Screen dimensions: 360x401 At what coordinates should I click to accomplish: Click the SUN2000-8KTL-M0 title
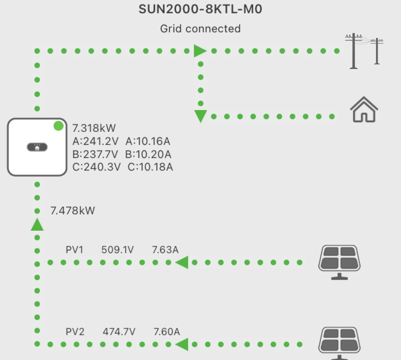[x=200, y=10]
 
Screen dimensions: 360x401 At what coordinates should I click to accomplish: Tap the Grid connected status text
[x=200, y=29]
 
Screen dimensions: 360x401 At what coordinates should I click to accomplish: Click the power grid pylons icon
[x=364, y=51]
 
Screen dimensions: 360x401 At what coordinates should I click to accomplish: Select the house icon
[x=364, y=110]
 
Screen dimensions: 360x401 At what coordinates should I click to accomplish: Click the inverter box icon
[x=37, y=147]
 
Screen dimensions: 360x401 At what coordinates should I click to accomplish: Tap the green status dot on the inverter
[x=59, y=126]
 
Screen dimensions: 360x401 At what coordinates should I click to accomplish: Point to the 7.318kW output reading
[x=94, y=128]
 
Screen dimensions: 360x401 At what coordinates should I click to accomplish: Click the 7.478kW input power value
[x=73, y=211]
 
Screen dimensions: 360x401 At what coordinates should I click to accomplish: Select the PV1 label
[x=75, y=249]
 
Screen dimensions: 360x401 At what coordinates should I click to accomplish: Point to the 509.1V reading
[x=117, y=249]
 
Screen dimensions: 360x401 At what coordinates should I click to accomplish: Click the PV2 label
[x=75, y=331]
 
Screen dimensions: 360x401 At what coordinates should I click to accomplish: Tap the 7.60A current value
[x=167, y=331]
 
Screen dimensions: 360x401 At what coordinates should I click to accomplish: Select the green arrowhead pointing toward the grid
[x=200, y=51]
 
